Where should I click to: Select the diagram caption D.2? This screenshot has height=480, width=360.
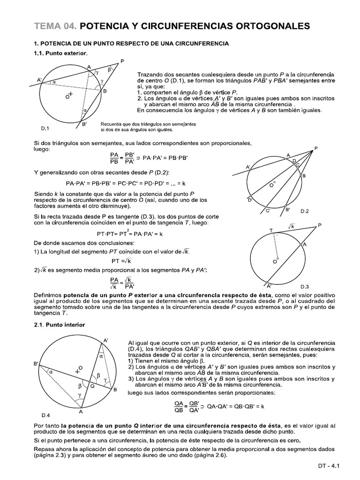pyautogui.click(x=305, y=211)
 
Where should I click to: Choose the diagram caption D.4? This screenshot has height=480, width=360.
pyautogui.click(x=45, y=415)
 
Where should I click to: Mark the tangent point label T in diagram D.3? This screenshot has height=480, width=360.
pyautogui.click(x=270, y=230)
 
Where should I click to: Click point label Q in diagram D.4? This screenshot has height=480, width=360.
pyautogui.click(x=92, y=386)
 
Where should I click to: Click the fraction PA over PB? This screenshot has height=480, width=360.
pyautogui.click(x=114, y=158)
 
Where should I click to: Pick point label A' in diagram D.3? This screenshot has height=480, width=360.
pyautogui.click(x=269, y=285)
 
